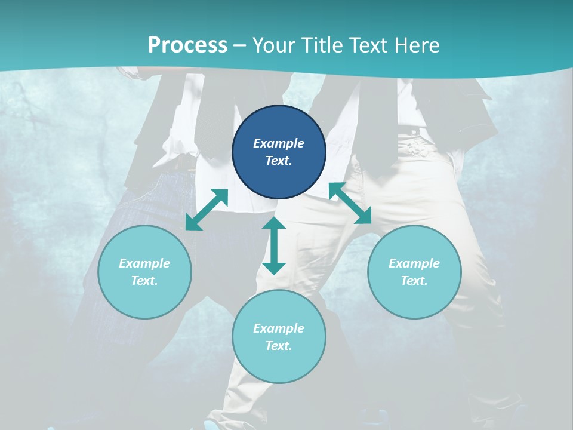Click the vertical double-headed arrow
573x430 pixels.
tap(274, 245)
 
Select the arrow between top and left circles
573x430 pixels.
tap(207, 210)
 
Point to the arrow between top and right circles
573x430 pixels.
tap(350, 203)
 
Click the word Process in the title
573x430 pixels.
tap(187, 45)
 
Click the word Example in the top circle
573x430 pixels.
tap(279, 143)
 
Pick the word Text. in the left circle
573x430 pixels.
tap(144, 281)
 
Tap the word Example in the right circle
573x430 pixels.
tap(414, 263)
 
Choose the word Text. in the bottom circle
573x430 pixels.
tap(279, 346)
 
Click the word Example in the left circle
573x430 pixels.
tap(144, 263)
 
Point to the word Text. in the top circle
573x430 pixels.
tap(279, 161)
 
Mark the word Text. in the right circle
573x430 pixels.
tap(414, 281)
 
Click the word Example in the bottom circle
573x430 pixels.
tap(279, 328)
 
